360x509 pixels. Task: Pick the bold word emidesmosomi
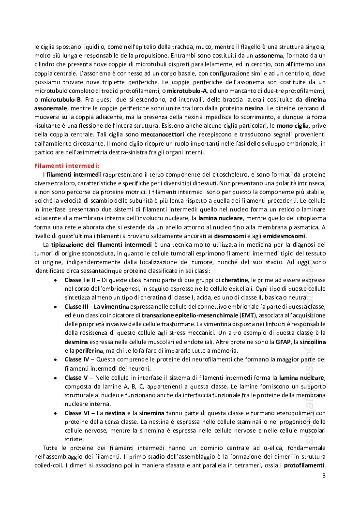coord(285,236)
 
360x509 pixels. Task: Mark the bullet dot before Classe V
coord(57,377)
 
